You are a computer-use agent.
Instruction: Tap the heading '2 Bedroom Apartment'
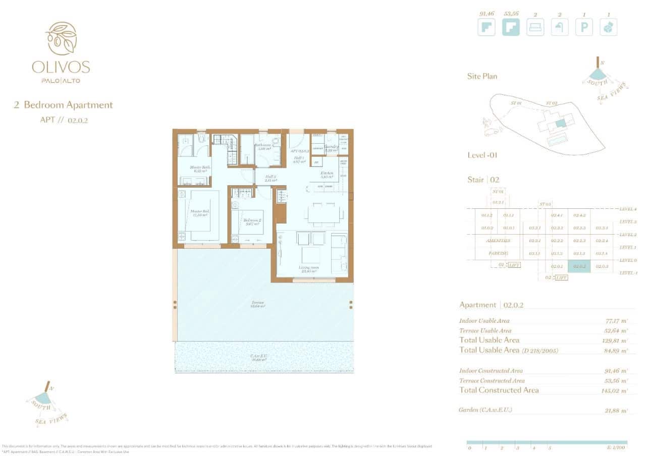(x=64, y=105)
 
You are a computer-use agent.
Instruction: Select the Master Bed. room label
(x=200, y=213)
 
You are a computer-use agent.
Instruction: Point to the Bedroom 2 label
(x=251, y=221)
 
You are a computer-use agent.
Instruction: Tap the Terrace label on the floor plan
(x=259, y=304)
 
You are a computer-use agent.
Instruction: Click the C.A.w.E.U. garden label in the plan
(x=258, y=358)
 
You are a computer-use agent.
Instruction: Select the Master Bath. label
(x=200, y=169)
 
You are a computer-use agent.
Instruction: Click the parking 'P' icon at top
(x=584, y=27)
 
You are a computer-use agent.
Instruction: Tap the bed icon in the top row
(x=535, y=27)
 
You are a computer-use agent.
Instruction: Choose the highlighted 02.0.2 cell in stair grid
(x=579, y=266)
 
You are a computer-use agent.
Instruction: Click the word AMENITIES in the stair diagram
(x=498, y=241)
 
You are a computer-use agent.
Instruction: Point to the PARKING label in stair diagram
(x=498, y=254)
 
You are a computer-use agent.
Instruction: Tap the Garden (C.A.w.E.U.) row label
(x=485, y=410)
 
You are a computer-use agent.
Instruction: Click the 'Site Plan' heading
(x=482, y=76)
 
